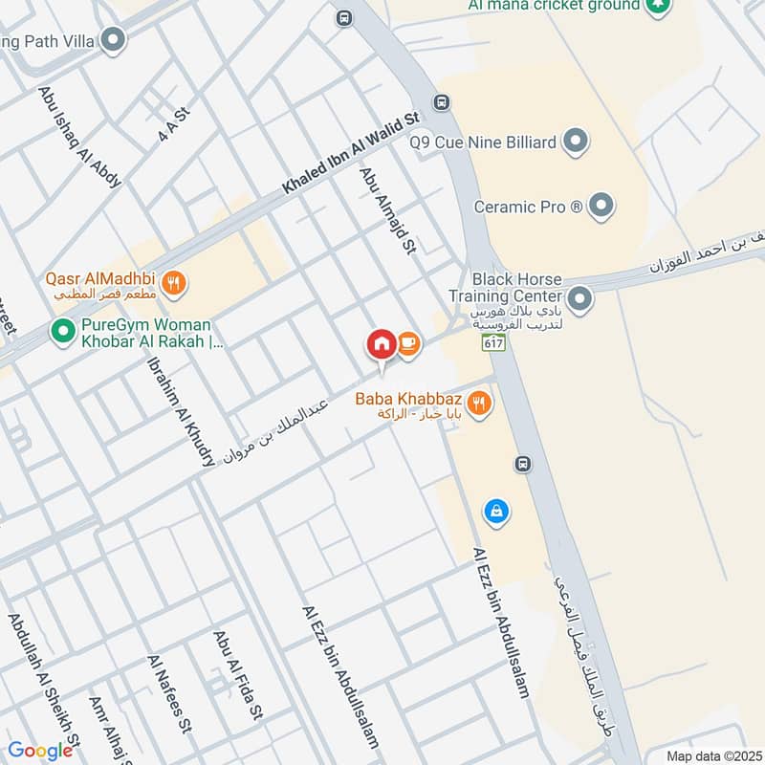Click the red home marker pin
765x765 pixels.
pyautogui.click(x=381, y=345)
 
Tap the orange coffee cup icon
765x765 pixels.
pyautogui.click(x=408, y=343)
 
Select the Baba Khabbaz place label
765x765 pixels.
pyautogui.click(x=423, y=398)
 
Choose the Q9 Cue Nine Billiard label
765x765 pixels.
pyautogui.click(x=484, y=143)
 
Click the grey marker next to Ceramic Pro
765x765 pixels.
pyautogui.click(x=601, y=206)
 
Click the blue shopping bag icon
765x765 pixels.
pyautogui.click(x=495, y=512)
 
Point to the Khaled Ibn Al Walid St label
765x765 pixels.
pyautogui.click(x=351, y=154)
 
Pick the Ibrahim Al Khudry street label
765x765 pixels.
pyautogui.click(x=180, y=412)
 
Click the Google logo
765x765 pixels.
pyautogui.click(x=40, y=750)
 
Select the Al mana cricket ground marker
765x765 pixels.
pyautogui.click(x=657, y=7)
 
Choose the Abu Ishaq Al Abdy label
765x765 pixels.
pyautogui.click(x=79, y=136)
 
